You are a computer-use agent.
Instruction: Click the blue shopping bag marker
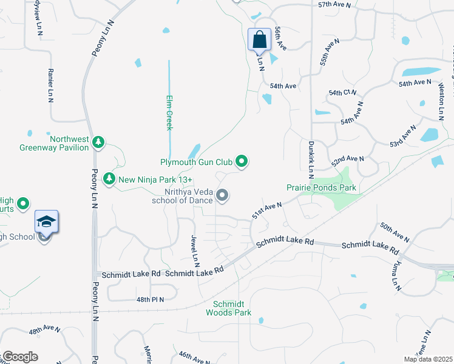tap(259, 40)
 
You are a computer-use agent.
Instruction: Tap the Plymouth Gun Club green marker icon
tap(242, 161)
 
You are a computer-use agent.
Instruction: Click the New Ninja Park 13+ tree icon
tap(109, 179)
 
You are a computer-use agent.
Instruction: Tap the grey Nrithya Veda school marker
tap(222, 195)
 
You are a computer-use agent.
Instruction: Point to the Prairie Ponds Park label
tap(322, 189)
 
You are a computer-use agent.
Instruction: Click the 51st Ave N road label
tap(267, 212)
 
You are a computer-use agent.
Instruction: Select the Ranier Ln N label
tap(50, 85)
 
